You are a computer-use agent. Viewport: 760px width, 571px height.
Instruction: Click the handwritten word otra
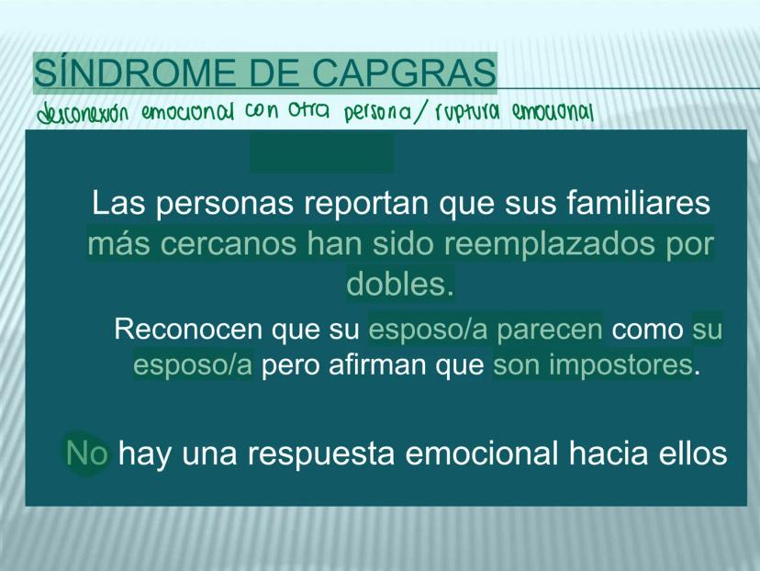[x=308, y=111]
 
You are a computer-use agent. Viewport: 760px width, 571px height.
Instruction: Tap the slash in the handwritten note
[x=421, y=112]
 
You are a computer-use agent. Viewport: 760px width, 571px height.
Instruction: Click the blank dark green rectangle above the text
[x=322, y=153]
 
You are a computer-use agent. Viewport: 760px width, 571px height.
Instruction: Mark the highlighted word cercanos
[x=228, y=244]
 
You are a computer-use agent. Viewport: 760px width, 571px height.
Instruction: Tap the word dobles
[x=400, y=284]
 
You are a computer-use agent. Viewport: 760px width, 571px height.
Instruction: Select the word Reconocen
[x=188, y=330]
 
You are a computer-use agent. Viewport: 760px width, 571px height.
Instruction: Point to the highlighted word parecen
[x=549, y=330]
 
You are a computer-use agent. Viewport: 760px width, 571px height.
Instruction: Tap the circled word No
[x=87, y=453]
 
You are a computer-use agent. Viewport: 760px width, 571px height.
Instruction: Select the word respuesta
[x=321, y=454]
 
